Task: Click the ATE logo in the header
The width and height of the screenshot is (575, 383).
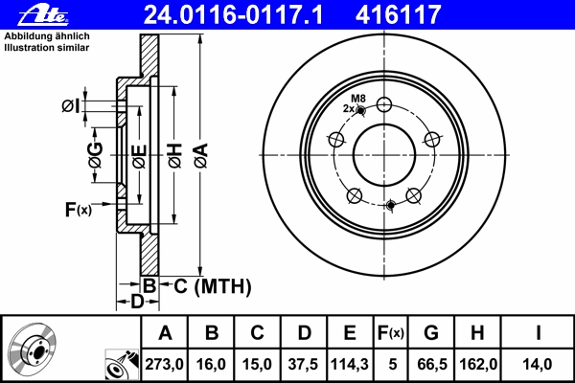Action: pyautogui.click(x=43, y=15)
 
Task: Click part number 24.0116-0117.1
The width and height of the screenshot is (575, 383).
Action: pyautogui.click(x=233, y=14)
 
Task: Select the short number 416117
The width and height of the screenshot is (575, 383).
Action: pyautogui.click(x=398, y=14)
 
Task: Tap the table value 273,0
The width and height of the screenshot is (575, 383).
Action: pyautogui.click(x=164, y=364)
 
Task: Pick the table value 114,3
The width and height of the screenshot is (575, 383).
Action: pyautogui.click(x=350, y=364)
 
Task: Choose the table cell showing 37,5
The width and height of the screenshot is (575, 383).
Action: pyautogui.click(x=303, y=364)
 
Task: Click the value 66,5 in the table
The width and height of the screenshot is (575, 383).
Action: pyautogui.click(x=432, y=364)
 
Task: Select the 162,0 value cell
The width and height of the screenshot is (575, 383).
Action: pyautogui.click(x=478, y=364)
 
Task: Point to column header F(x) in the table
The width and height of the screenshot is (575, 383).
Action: pyautogui.click(x=391, y=333)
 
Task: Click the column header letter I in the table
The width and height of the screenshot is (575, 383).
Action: pyautogui.click(x=538, y=333)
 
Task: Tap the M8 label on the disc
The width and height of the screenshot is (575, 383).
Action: pyautogui.click(x=358, y=99)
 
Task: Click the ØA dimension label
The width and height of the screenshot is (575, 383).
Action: pyautogui.click(x=201, y=156)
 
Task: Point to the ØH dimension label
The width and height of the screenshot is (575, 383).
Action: pyautogui.click(x=175, y=156)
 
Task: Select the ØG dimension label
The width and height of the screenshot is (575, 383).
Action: pyautogui.click(x=96, y=155)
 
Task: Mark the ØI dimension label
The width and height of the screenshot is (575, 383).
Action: pyautogui.click(x=70, y=106)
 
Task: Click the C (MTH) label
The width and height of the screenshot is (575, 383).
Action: pyautogui.click(x=213, y=286)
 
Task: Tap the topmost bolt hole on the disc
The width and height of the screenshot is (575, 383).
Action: pyautogui.click(x=384, y=104)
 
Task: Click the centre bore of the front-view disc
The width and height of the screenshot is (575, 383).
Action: pyautogui.click(x=384, y=155)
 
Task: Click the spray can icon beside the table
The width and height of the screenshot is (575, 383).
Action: pyautogui.click(x=122, y=364)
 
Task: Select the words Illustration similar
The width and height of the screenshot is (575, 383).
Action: pyautogui.click(x=47, y=48)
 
